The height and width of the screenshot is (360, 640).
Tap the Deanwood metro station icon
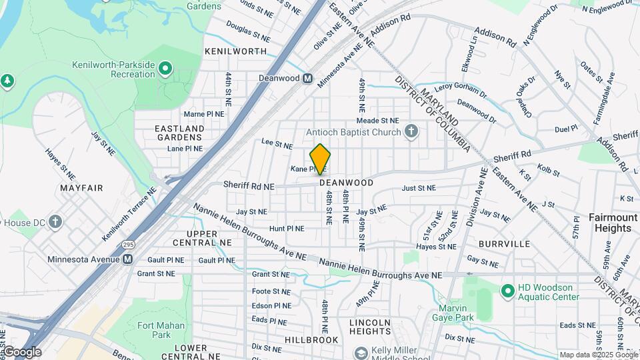(x=308, y=78)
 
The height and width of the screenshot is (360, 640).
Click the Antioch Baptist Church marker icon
(x=411, y=131)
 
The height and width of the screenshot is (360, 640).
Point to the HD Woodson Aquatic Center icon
(x=507, y=290)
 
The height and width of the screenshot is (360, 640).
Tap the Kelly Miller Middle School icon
(x=361, y=353)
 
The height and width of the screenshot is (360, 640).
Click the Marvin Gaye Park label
(x=456, y=313)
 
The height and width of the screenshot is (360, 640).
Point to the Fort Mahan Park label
(x=151, y=329)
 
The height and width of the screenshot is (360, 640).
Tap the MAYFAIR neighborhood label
(x=81, y=188)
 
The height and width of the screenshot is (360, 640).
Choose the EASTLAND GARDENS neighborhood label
(x=179, y=132)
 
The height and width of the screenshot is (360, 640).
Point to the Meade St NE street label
(x=377, y=120)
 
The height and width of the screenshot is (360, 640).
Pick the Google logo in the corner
(x=22, y=351)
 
